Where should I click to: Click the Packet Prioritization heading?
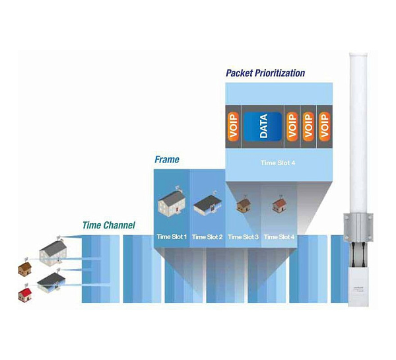pos(265,73)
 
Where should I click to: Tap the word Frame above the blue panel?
pos(167,160)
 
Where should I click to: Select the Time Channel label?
pos(108,225)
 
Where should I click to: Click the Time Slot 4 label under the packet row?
pos(278,161)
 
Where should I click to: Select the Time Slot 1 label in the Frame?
pos(172,236)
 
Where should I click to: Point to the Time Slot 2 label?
pos(207,236)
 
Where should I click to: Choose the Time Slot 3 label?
pos(243,236)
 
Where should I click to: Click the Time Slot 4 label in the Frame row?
pos(279,236)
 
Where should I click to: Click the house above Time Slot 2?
pos(208,205)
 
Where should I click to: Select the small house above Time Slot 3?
pos(244,205)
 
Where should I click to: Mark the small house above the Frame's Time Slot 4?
pos(279,205)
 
